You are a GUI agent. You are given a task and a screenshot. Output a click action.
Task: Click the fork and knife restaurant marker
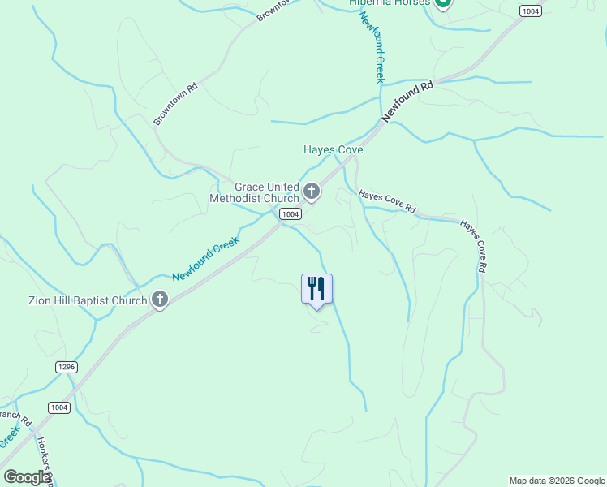pos(316,288)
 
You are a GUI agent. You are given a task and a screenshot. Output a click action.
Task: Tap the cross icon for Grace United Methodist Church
pos(312,192)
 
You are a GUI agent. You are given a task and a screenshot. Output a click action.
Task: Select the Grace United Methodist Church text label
pos(255,192)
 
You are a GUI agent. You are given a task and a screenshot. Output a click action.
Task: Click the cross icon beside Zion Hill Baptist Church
pos(160,300)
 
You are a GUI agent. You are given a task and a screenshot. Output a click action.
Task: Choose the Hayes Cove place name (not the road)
pos(333,150)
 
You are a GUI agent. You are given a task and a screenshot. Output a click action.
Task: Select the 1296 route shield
pos(67,367)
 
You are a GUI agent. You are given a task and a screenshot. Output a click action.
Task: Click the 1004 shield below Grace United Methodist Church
pos(291,213)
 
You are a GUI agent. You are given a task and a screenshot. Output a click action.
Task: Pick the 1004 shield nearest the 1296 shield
pos(58,407)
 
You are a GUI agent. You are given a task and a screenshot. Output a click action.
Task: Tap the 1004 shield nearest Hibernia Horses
pos(531,11)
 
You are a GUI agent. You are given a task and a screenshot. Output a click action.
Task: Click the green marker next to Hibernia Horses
pos(442,3)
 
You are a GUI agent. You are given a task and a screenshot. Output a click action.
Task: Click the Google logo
pos(27,477)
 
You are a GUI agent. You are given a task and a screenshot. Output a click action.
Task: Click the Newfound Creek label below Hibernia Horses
pos(371,47)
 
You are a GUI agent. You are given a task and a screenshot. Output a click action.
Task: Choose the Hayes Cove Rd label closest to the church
pos(387,202)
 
